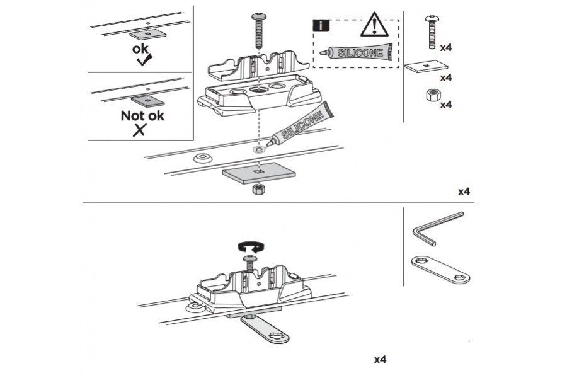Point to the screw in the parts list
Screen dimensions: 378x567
tap(432, 31)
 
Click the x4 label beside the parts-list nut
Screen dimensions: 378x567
tap(446, 104)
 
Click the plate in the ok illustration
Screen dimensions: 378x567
tap(147, 34)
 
